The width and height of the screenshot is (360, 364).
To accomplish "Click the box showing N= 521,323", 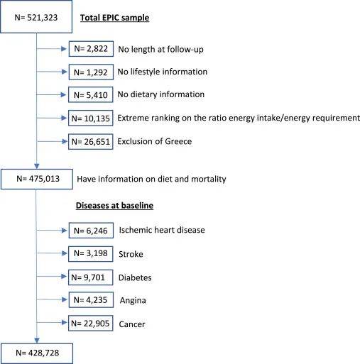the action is (x=36, y=16).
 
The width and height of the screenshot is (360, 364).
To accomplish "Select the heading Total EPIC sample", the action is (x=114, y=18).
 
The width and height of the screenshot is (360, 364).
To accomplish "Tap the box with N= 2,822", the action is (x=91, y=49).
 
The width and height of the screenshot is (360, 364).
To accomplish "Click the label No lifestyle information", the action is (x=163, y=72).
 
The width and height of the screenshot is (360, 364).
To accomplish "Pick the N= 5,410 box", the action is (x=91, y=94).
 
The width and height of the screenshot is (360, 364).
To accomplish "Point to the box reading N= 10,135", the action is (x=91, y=118).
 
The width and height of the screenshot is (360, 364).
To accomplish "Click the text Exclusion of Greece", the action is (x=155, y=141).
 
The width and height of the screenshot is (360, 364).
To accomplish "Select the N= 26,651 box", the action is (x=91, y=141).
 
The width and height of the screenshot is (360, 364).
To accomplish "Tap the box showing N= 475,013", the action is (x=37, y=179).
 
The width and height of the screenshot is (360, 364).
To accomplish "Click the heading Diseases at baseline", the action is (x=114, y=205).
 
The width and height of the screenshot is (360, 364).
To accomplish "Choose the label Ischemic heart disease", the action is (x=162, y=230).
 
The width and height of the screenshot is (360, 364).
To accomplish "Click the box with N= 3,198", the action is (x=91, y=253).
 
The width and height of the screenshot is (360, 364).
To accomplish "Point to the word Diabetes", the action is (x=135, y=277).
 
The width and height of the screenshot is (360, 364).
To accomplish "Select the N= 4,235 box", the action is (x=91, y=299).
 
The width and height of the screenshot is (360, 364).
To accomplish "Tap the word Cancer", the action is (x=132, y=324).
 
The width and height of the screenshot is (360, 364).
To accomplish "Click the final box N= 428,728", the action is (x=37, y=353).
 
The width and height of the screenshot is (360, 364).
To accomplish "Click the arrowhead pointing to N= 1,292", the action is (x=64, y=72).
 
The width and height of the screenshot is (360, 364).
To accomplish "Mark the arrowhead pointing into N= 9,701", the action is (x=64, y=276).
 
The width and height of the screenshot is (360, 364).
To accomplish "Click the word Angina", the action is (x=133, y=300).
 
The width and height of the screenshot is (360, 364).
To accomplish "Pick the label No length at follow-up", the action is (x=161, y=49).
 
